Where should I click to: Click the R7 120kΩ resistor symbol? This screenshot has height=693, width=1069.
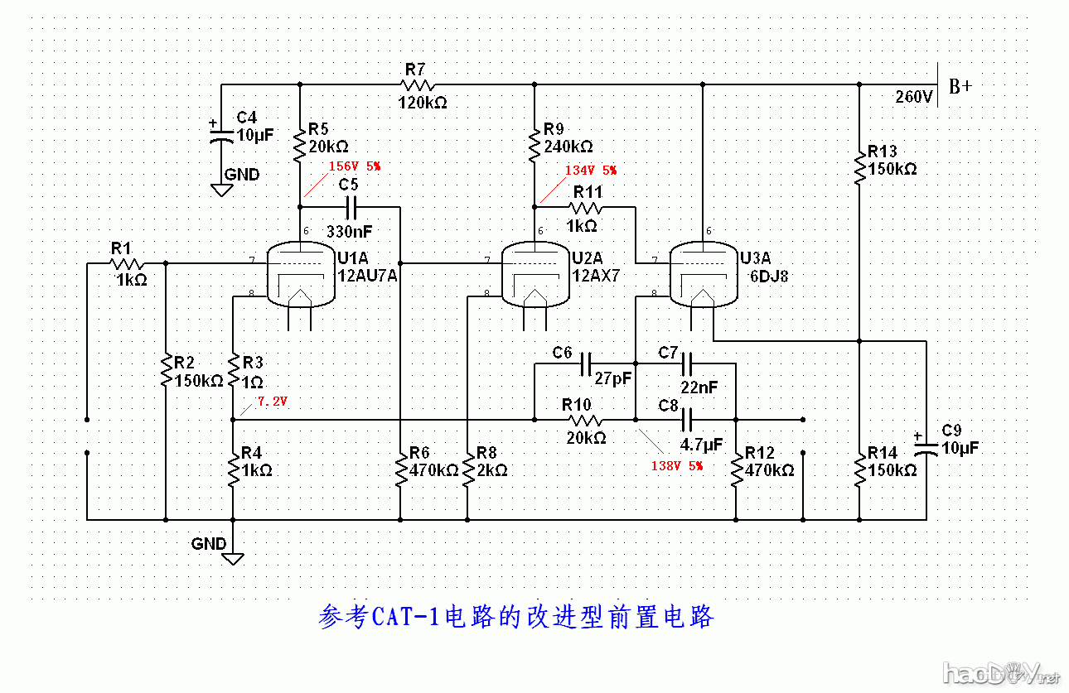[x=417, y=84]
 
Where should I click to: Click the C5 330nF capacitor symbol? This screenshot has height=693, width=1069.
[x=351, y=206]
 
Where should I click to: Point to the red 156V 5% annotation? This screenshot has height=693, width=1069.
[x=354, y=166]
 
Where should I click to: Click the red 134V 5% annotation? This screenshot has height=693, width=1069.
[x=590, y=170]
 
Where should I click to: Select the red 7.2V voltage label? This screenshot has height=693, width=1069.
[x=272, y=401]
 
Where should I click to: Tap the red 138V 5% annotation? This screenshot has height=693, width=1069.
[x=676, y=466]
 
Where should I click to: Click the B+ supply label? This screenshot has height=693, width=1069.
[x=960, y=86]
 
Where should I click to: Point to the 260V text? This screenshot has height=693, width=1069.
[x=914, y=97]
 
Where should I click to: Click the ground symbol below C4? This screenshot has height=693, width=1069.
[x=221, y=190]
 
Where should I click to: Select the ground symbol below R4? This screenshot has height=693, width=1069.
[x=233, y=557]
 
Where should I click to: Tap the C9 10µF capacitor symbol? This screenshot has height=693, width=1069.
[x=926, y=448]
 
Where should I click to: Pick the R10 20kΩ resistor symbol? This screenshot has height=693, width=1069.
[x=583, y=421]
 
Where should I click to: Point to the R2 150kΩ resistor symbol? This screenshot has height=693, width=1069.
[x=166, y=371]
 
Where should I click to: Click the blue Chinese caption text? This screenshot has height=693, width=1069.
[x=515, y=618]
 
